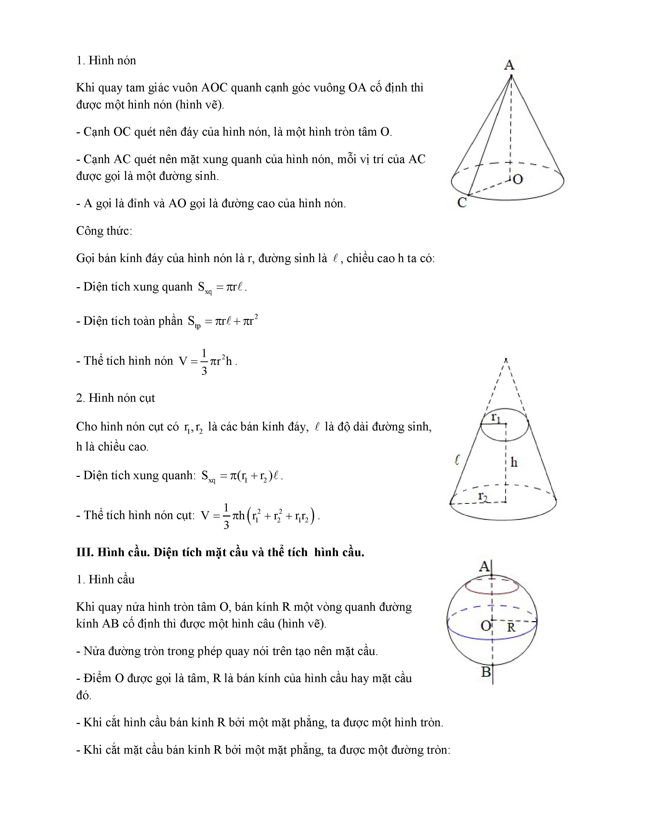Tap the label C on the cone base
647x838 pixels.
(x=462, y=202)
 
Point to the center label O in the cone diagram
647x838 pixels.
(x=518, y=179)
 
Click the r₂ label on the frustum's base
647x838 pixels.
(x=483, y=496)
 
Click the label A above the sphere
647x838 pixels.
(x=484, y=566)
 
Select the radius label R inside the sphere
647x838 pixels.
(x=511, y=627)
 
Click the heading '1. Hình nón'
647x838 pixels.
(x=106, y=61)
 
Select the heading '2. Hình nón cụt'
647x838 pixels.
(x=115, y=398)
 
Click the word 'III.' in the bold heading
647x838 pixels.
(x=85, y=552)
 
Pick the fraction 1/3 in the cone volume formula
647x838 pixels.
(x=204, y=361)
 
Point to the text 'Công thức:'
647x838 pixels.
(x=104, y=231)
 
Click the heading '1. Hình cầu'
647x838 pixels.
(x=105, y=579)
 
